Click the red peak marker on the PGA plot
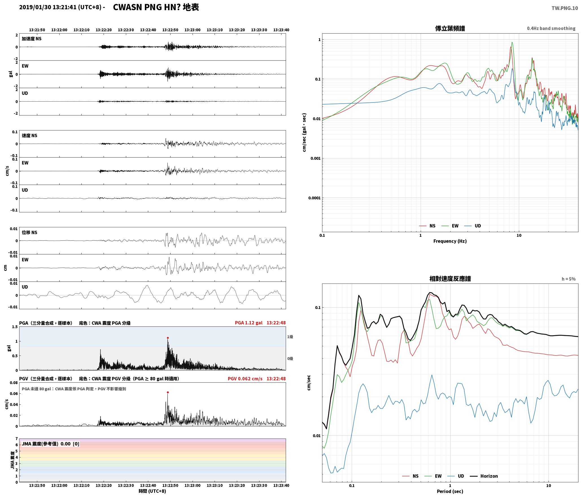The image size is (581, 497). [x=168, y=338]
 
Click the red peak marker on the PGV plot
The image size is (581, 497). [x=168, y=392]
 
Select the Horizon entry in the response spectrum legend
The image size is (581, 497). [x=484, y=476]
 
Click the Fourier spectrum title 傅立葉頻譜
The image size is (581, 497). [x=450, y=29]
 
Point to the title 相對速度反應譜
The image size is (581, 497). [x=450, y=279]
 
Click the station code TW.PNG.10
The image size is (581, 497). [x=565, y=8]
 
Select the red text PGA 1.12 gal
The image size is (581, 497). [x=248, y=323]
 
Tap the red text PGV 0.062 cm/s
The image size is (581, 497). [x=245, y=379]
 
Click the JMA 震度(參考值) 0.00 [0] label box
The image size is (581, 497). [x=51, y=444]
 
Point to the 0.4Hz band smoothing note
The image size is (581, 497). [x=551, y=29]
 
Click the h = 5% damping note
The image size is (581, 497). [x=569, y=279]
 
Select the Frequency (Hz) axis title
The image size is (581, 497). [x=450, y=241]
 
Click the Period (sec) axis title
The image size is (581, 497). [x=450, y=491]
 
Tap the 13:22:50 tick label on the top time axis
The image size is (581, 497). [x=170, y=30]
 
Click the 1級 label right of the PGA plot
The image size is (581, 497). [x=290, y=337]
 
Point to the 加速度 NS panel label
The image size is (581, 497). [x=32, y=39]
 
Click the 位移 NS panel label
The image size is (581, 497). [x=30, y=232]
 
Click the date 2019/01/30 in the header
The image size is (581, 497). [x=35, y=7]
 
